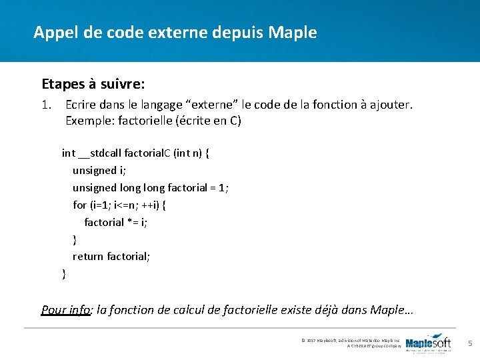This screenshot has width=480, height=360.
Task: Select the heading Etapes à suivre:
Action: [93, 85]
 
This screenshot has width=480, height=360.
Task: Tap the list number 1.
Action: [46, 105]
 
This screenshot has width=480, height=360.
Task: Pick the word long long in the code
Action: [141, 188]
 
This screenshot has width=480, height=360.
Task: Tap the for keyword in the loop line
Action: [79, 205]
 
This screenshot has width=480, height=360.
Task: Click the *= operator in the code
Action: [133, 223]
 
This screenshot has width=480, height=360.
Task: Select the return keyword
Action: [88, 257]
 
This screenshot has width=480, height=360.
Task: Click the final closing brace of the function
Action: [64, 273]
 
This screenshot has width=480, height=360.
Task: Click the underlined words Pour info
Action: [65, 309]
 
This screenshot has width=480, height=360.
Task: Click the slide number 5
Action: [470, 343]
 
